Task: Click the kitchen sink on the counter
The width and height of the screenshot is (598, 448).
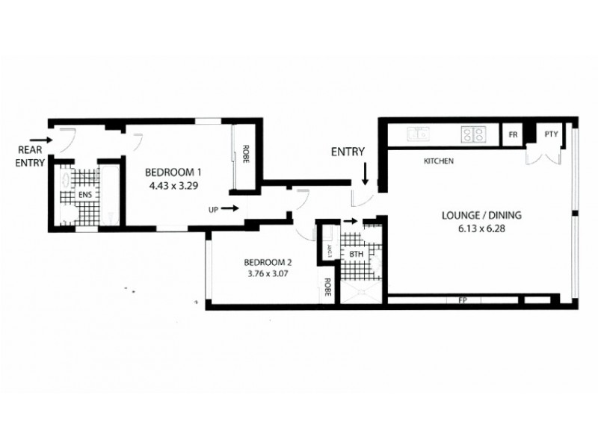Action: [418, 134]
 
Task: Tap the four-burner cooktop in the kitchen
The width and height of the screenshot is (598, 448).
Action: [473, 134]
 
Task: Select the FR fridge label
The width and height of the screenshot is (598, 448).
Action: [513, 135]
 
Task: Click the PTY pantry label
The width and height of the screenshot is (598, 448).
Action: [551, 134]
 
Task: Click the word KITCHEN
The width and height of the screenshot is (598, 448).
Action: [439, 161]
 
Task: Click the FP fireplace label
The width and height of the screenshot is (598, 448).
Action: [461, 300]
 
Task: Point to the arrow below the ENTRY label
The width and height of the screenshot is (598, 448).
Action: [365, 175]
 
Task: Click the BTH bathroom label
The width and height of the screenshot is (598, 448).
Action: [356, 255]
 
